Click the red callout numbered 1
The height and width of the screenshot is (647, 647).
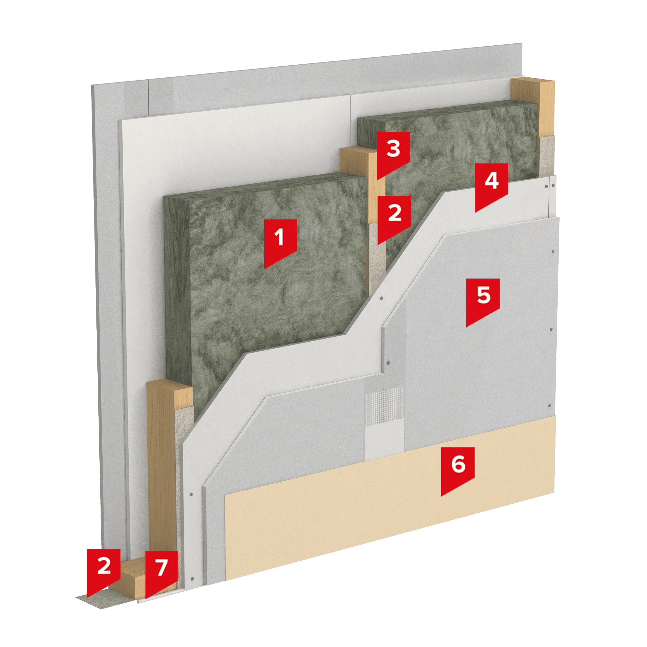pos(280,241)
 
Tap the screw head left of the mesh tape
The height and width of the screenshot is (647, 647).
pos(388,363)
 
